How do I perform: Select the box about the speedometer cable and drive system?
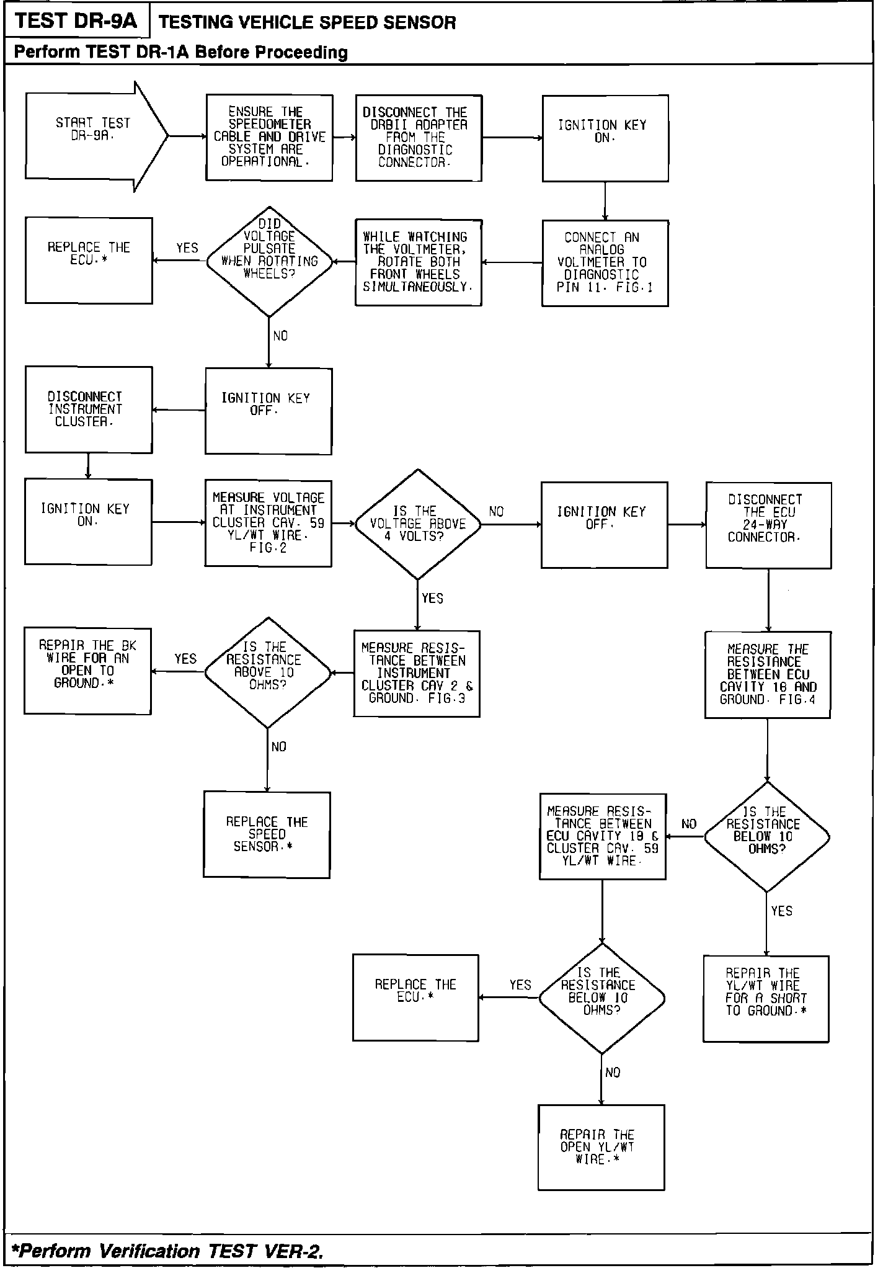[269, 137]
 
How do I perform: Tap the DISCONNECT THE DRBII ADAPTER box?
[419, 137]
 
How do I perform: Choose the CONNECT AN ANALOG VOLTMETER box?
[605, 262]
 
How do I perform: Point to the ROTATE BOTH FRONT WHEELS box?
[419, 262]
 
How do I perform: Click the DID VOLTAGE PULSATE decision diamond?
[269, 261]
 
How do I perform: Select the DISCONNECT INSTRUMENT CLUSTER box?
[89, 409]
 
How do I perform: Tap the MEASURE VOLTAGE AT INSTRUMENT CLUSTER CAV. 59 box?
[268, 523]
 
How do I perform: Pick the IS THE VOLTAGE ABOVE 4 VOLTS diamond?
[418, 524]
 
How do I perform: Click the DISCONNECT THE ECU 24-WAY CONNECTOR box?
[768, 525]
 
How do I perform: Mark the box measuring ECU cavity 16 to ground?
[768, 674]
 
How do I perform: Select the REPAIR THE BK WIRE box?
[87, 671]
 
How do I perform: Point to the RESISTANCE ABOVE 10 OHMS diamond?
[267, 672]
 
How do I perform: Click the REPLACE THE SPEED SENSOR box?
[267, 834]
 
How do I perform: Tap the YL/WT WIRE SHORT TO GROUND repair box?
[766, 998]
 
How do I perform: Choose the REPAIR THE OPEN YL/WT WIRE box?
[601, 1146]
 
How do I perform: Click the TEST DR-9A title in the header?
[76, 21]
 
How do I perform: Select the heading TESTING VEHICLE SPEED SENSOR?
[308, 23]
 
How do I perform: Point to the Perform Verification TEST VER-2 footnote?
[168, 1251]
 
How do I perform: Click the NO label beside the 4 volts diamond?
[497, 512]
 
